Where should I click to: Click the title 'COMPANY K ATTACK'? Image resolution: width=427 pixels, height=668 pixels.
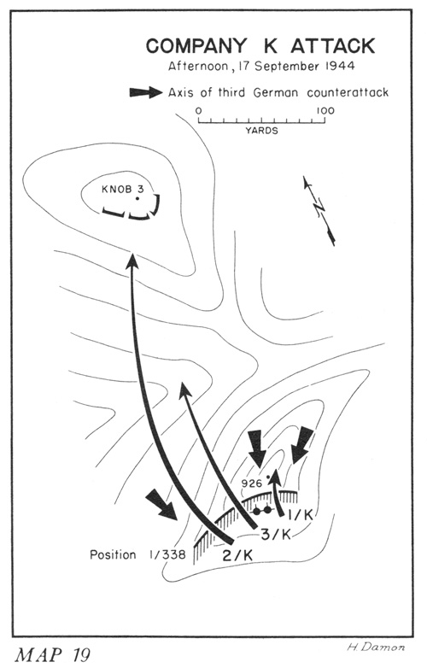[x=260, y=45]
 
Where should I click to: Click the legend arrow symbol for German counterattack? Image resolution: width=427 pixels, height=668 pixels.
[x=146, y=92]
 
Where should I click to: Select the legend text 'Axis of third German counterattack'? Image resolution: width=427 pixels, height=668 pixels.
[x=278, y=92]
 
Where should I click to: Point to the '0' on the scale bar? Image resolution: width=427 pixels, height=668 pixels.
[x=198, y=111]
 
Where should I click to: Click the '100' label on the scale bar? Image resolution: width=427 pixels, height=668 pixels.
[x=325, y=111]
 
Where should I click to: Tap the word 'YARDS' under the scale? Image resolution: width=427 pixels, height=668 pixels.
[x=261, y=131]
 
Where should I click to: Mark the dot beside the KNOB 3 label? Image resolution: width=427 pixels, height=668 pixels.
[x=137, y=198]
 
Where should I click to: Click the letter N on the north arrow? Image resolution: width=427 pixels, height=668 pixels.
[x=319, y=208]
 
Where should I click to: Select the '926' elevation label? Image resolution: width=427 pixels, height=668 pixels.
[x=251, y=483]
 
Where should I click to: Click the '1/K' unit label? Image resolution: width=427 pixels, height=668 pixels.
[x=300, y=514]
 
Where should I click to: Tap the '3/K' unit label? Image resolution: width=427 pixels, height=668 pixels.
[x=276, y=534]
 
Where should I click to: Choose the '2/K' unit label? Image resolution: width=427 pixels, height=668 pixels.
[x=238, y=555]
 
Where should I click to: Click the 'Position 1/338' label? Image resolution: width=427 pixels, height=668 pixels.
[x=137, y=554]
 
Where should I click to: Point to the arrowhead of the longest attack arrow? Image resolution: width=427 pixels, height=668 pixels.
[x=132, y=261]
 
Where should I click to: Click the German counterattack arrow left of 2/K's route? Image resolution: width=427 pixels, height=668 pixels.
[x=161, y=504]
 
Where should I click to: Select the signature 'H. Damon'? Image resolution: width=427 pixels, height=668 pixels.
[x=376, y=647]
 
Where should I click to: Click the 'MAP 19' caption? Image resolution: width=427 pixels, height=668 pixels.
[x=53, y=655]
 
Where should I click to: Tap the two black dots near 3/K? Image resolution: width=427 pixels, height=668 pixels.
[x=262, y=510]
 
